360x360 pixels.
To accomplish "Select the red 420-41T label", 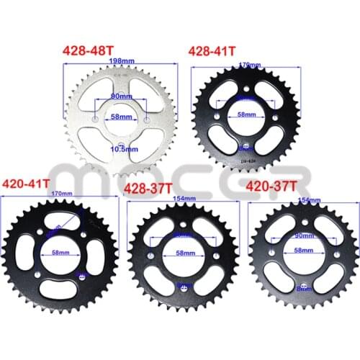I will (27, 183).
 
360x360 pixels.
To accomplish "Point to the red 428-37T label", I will (148, 189).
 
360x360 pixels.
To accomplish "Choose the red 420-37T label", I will (271, 188).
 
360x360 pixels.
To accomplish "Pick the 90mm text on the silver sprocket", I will (120, 96).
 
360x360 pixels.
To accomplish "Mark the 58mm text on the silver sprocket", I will (121, 117).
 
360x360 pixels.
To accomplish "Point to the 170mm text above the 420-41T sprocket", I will (63, 194).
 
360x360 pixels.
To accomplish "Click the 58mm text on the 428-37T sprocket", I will (184, 254).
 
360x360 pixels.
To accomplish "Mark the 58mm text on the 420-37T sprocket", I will (303, 249).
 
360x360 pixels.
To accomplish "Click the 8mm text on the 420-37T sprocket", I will (302, 287).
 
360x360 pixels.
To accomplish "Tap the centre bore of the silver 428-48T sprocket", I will (120, 119).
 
